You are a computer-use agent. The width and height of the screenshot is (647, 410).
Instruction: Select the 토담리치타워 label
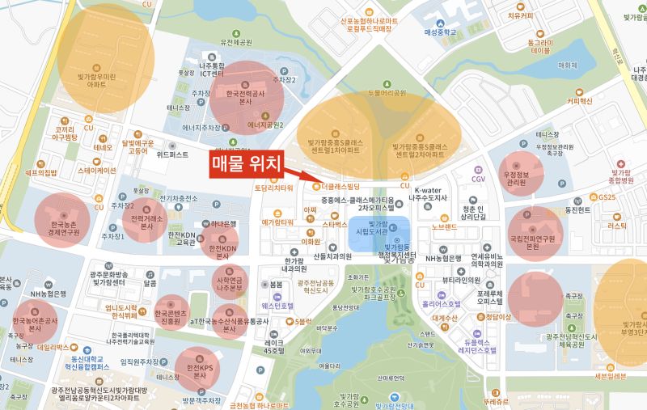273,188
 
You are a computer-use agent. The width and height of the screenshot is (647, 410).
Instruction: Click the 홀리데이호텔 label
441,305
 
